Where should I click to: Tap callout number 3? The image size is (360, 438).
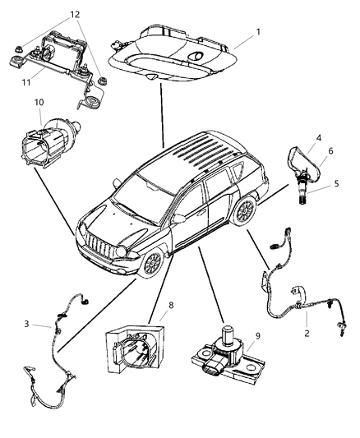point(27,324)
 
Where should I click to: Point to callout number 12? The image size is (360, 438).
point(76,15)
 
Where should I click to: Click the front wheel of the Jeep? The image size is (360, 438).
point(151,265)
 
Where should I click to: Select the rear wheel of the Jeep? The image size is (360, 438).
point(245,212)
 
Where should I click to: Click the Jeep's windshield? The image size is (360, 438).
point(143,189)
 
